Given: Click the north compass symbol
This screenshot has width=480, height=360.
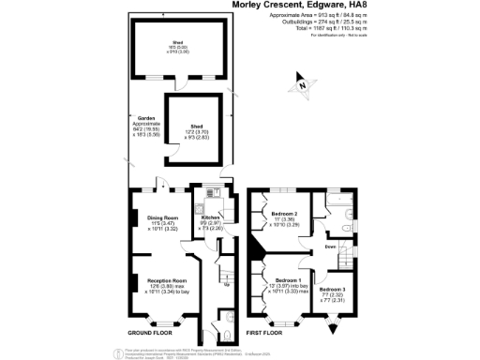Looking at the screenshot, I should coord(301,86).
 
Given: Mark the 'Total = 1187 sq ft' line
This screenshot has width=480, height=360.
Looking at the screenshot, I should coord(349,28).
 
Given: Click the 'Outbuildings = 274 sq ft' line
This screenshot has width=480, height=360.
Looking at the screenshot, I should coord(348,22).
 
